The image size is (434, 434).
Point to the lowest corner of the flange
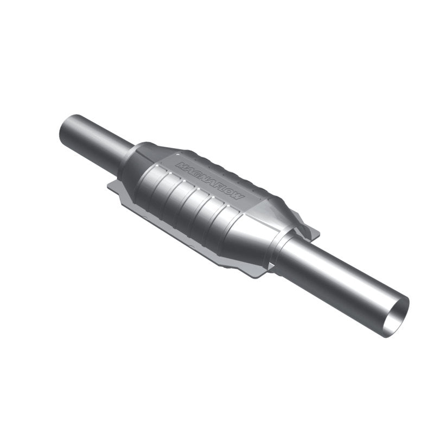click(x=255, y=275)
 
